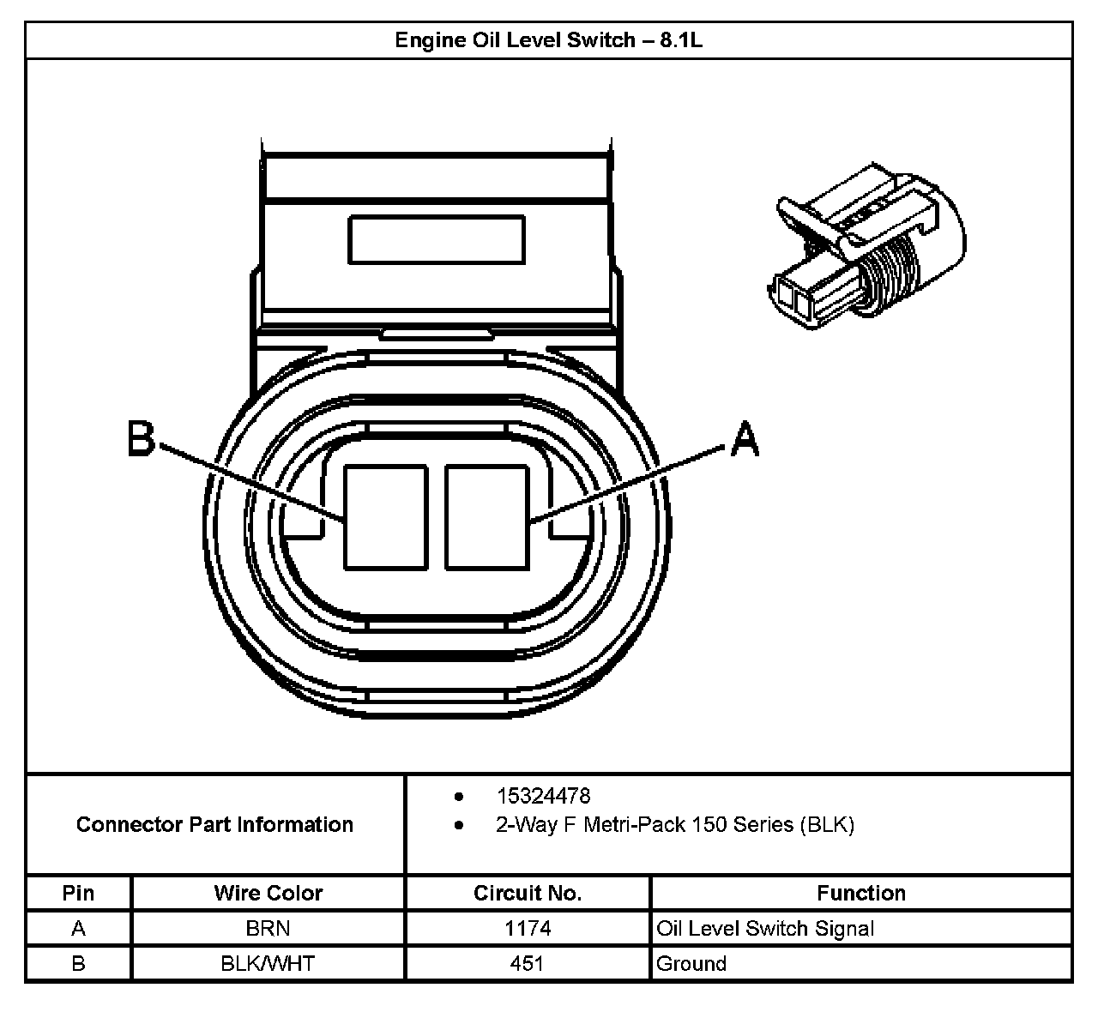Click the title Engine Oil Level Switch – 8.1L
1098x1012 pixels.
pyautogui.click(x=548, y=40)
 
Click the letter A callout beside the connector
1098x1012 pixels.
pyautogui.click(x=744, y=439)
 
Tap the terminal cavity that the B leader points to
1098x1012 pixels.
pyautogui.click(x=385, y=517)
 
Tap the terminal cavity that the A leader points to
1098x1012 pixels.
pyautogui.click(x=486, y=517)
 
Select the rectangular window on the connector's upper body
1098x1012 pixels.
pyautogui.click(x=436, y=239)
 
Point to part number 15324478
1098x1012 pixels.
pyautogui.click(x=543, y=796)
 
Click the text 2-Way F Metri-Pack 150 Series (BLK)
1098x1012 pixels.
pyautogui.click(x=674, y=825)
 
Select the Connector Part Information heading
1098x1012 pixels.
pyautogui.click(x=214, y=824)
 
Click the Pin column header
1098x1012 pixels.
pyautogui.click(x=78, y=893)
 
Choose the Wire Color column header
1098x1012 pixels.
pyautogui.click(x=268, y=893)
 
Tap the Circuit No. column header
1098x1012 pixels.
pyautogui.click(x=528, y=893)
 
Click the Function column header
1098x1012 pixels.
pyautogui.click(x=860, y=893)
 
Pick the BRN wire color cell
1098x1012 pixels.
pyautogui.click(x=268, y=928)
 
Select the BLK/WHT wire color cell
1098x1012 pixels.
pyautogui.click(x=268, y=963)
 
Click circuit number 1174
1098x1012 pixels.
pyautogui.click(x=528, y=928)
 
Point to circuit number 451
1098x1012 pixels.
pyautogui.click(x=528, y=963)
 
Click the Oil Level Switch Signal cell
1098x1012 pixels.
pyautogui.click(x=765, y=928)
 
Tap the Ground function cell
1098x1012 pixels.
pyautogui.click(x=691, y=963)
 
